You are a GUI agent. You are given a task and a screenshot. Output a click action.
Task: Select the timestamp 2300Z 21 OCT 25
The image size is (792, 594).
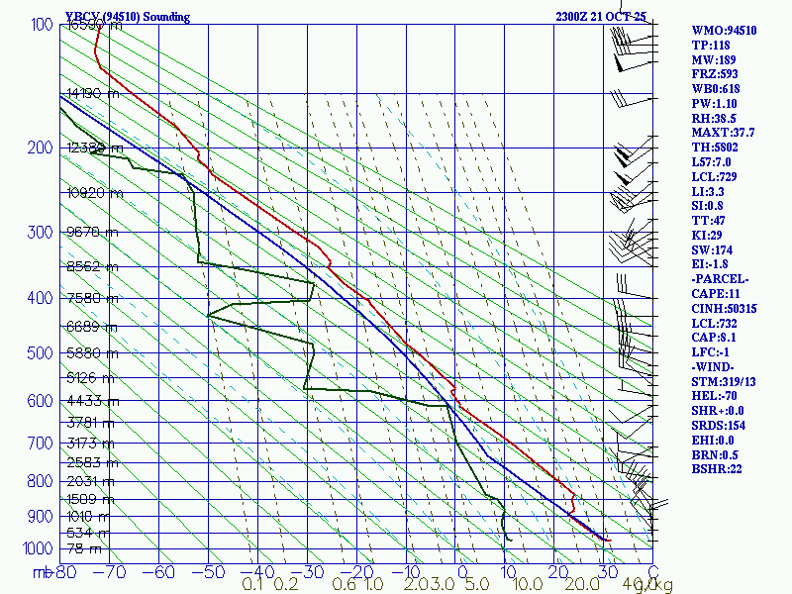click(x=601, y=16)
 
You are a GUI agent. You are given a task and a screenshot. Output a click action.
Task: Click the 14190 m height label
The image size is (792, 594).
click(x=93, y=94)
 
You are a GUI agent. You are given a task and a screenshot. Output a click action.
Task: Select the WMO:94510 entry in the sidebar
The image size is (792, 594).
click(x=724, y=31)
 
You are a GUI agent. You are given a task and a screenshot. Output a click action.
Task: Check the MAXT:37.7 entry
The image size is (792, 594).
click(x=723, y=133)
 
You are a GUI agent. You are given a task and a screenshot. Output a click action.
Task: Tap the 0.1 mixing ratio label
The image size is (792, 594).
click(x=252, y=585)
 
